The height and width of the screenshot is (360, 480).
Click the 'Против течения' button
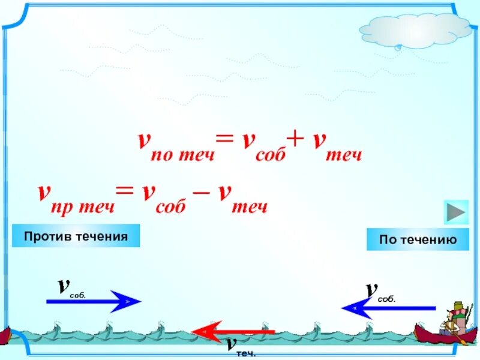[76, 236]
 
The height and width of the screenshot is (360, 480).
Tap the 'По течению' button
[418, 239]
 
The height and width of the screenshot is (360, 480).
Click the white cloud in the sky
[415, 31]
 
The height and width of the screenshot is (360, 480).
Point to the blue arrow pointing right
[93, 301]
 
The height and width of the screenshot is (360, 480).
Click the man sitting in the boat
[451, 317]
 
